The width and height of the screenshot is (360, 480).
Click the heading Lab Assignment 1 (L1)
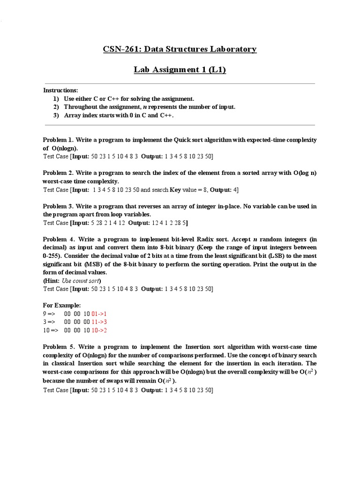click(x=180, y=70)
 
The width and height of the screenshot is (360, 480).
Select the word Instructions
click(x=61, y=90)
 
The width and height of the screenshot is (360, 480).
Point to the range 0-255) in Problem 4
click(x=52, y=256)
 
